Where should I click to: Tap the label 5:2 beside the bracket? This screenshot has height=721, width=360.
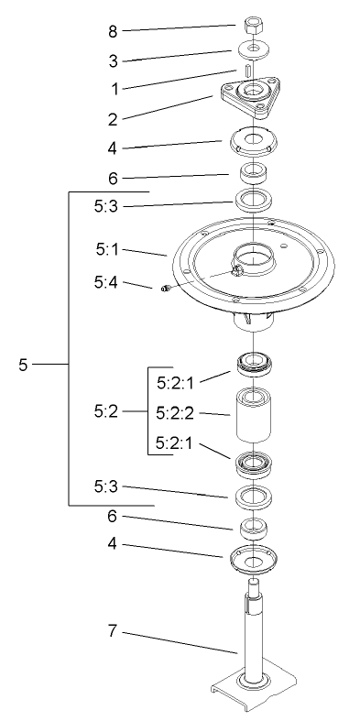(x=107, y=413)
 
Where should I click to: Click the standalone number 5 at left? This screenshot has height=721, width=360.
(x=23, y=365)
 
